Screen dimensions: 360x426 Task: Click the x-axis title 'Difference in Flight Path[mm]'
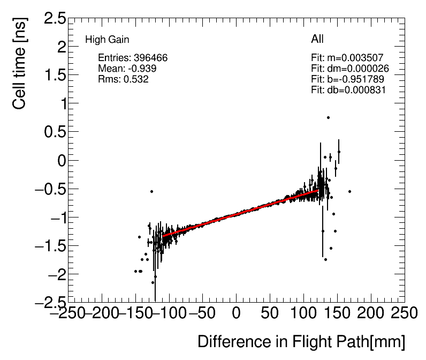(301, 341)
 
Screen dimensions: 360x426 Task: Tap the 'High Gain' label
(107, 40)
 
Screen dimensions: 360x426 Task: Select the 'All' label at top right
(317, 39)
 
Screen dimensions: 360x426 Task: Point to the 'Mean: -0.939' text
(127, 69)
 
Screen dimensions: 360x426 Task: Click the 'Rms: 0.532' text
(123, 79)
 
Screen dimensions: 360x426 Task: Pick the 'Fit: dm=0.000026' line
(349, 69)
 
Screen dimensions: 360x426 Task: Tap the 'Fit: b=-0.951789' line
(347, 79)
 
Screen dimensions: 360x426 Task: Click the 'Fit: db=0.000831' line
(348, 90)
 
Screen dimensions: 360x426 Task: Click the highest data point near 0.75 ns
(328, 117)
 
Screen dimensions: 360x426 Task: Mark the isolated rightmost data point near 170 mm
(349, 191)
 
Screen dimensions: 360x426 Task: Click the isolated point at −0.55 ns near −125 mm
(151, 191)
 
